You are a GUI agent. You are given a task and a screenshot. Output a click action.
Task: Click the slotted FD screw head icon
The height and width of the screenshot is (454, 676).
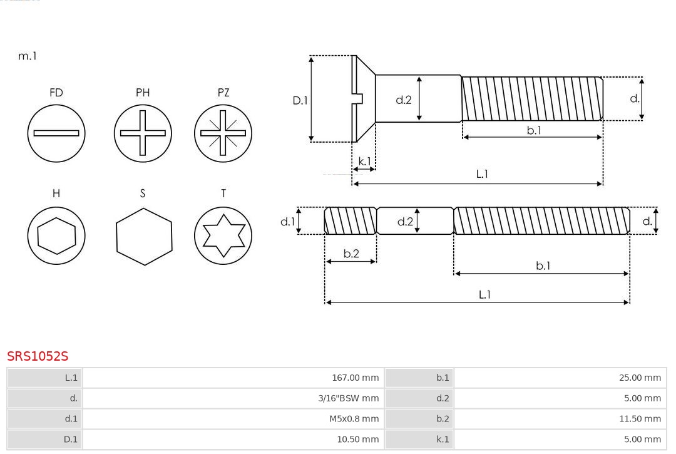(56, 133)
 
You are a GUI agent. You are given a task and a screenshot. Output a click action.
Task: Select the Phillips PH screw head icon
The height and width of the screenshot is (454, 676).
(143, 133)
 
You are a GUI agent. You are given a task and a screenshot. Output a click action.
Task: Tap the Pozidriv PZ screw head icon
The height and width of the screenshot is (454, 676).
(223, 133)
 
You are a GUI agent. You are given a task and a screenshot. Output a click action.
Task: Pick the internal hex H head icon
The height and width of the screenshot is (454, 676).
(56, 235)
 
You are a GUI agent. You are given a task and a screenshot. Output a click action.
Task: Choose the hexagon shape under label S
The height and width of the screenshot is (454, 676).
(143, 236)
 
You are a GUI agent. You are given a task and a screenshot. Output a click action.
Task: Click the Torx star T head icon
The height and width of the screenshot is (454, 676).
(223, 235)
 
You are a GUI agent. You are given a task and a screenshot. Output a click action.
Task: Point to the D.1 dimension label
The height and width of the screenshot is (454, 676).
(300, 100)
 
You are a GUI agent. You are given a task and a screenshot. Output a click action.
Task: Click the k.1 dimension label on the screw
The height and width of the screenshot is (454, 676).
(364, 162)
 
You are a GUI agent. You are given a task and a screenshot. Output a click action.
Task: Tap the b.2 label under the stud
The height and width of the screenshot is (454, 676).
(351, 254)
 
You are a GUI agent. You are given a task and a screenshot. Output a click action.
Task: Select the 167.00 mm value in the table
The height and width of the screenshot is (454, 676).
(355, 378)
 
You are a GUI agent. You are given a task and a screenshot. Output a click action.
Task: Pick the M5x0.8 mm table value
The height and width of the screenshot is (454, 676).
(354, 418)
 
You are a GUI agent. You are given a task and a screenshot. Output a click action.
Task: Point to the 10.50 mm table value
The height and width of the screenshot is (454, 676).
(357, 439)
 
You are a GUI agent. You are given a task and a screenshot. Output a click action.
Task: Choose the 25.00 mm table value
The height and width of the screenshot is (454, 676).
(640, 378)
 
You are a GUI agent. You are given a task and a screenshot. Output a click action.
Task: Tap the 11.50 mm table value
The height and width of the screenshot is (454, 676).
(640, 418)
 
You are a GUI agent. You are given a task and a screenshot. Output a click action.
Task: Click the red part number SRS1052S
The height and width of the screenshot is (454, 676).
(38, 356)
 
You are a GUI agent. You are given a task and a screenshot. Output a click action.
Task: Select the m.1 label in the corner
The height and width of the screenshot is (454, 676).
(28, 56)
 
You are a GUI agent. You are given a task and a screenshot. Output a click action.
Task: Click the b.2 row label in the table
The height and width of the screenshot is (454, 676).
(443, 418)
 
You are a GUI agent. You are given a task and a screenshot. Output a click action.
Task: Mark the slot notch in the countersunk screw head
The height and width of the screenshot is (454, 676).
(358, 98)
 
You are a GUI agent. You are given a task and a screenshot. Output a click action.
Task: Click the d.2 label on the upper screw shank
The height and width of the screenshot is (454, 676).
(404, 100)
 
